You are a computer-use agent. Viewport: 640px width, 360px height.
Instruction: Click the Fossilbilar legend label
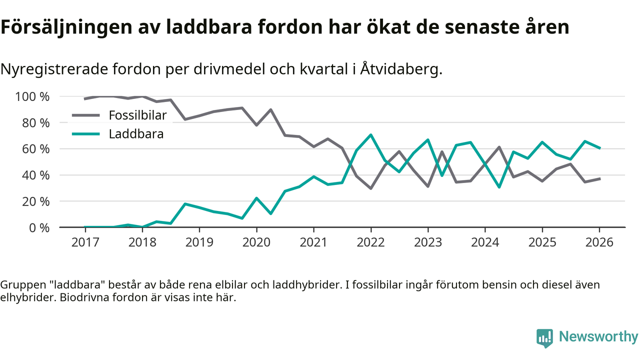click(137, 115)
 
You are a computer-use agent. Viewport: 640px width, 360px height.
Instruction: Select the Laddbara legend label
click(136, 134)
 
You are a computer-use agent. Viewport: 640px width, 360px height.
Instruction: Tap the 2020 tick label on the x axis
click(256, 242)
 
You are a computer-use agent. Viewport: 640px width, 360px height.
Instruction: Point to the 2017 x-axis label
click(85, 242)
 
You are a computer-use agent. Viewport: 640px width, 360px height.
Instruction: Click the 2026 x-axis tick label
click(599, 242)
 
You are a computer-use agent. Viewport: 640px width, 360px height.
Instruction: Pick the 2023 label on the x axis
click(428, 242)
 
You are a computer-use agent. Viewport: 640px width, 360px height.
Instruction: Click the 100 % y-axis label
click(33, 96)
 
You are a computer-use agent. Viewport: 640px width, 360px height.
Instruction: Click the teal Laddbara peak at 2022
click(371, 134)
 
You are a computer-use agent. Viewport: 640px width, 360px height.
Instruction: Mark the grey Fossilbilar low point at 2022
click(371, 188)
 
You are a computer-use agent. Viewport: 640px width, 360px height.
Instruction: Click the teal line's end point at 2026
click(599, 148)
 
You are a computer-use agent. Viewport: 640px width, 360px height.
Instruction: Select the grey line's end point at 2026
click(599, 178)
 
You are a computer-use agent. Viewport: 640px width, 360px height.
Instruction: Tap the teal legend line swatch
click(86, 134)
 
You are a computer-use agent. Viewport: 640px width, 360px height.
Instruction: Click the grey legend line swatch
click(86, 115)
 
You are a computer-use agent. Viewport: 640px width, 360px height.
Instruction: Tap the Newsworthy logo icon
click(544, 337)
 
